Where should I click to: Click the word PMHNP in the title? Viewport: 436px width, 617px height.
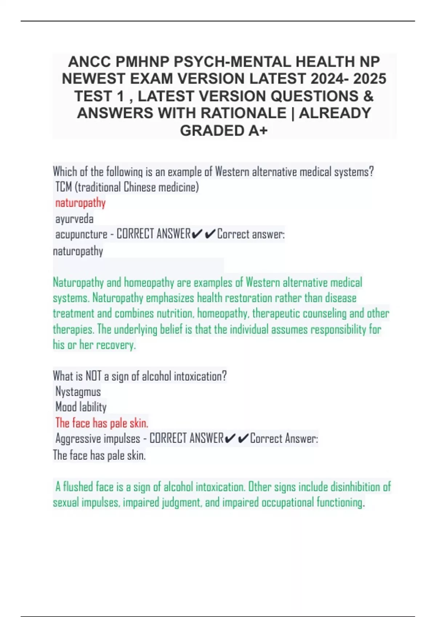(142, 62)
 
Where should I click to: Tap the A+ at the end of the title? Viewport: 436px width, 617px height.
(258, 131)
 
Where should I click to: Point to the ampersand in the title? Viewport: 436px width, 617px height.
(368, 96)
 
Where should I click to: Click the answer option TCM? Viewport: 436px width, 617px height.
(64, 187)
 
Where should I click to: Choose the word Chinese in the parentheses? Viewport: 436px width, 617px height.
(140, 187)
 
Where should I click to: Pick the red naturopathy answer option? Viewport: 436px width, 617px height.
(80, 203)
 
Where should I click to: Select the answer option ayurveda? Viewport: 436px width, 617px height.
(74, 219)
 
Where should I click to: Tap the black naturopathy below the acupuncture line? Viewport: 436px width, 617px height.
(78, 251)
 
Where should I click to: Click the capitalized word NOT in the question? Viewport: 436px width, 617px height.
(93, 376)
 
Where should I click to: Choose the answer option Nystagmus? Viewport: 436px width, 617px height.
(78, 392)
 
